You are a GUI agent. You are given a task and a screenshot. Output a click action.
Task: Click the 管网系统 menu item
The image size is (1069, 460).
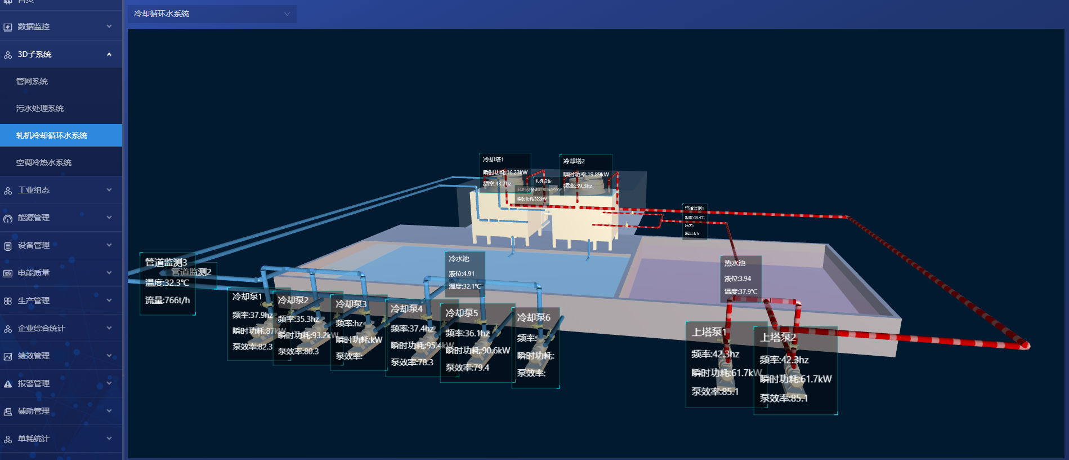pos(32,81)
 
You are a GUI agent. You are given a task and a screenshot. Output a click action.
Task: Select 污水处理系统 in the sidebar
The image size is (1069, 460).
pos(40,108)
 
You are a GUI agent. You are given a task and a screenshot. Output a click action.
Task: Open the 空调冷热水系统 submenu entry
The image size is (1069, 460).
pos(44,162)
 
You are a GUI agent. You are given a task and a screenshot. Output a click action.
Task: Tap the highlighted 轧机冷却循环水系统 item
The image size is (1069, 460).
pos(52,135)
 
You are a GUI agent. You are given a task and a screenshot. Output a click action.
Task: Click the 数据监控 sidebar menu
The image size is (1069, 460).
pos(34,26)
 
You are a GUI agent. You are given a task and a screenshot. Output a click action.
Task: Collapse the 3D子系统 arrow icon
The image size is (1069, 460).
pos(109,54)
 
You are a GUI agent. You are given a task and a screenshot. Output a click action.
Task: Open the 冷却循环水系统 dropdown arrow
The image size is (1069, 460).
pos(287,14)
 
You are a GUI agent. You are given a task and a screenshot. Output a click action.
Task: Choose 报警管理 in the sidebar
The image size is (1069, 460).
pos(34,383)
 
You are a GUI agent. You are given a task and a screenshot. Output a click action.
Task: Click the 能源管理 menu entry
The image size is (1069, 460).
pos(34,218)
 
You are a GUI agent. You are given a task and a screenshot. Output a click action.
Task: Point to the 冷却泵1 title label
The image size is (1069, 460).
pos(247,297)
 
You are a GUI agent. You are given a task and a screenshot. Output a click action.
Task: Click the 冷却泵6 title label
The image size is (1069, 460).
pos(534,318)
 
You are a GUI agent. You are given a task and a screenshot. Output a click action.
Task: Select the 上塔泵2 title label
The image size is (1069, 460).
pos(778,338)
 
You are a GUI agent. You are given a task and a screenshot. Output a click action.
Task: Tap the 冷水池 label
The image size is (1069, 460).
pos(459,259)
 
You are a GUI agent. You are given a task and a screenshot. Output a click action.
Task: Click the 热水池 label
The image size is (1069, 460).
pos(735,263)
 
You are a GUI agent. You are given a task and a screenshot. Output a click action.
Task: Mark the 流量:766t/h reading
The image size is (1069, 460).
pos(167,300)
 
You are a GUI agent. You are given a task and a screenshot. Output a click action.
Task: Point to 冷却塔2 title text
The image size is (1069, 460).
pos(574,161)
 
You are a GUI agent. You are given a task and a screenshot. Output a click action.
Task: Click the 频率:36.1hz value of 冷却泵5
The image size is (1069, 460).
pos(467,333)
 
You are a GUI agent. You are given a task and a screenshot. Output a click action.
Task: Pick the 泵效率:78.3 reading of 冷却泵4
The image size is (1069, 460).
pos(412,362)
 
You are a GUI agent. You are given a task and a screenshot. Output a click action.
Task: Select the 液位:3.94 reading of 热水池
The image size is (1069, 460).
pos(737,278)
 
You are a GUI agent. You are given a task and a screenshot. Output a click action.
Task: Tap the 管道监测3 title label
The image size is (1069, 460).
pos(166,262)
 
